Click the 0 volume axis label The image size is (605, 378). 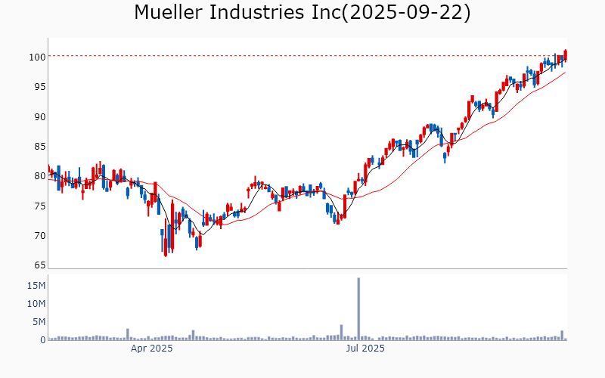(x=42, y=340)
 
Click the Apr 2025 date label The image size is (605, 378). (x=152, y=349)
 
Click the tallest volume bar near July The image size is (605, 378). (x=358, y=309)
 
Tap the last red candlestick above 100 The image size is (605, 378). (x=566, y=54)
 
